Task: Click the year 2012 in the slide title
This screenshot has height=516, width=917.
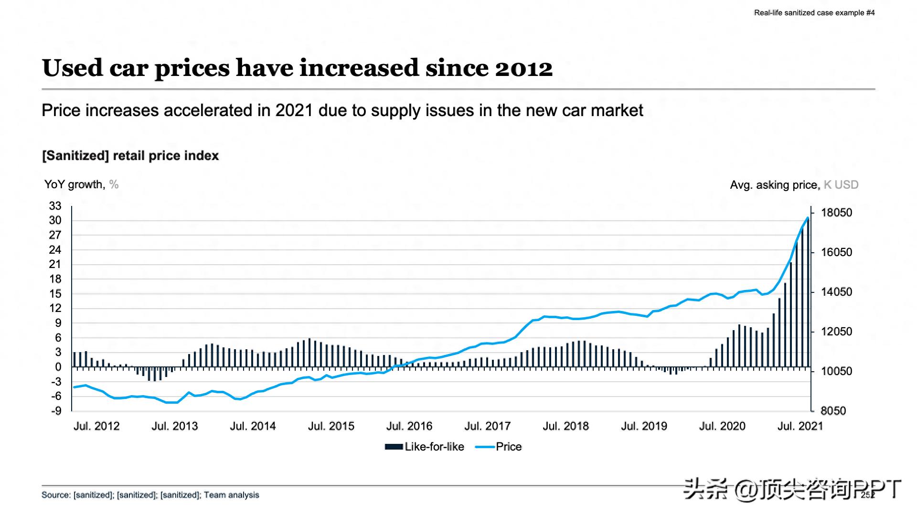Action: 523,68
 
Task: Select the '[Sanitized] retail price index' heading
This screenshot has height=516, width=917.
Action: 130,156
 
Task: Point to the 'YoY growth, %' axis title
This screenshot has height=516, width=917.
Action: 81,184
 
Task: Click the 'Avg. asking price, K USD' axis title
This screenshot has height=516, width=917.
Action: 794,185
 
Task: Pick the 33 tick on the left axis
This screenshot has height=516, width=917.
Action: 55,206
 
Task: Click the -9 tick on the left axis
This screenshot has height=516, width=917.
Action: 56,411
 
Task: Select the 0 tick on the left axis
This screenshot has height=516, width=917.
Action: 58,367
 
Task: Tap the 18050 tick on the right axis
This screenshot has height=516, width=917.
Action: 836,213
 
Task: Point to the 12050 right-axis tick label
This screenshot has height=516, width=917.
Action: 836,332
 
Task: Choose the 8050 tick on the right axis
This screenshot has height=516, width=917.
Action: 833,411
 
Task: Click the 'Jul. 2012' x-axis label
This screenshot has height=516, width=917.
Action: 96,426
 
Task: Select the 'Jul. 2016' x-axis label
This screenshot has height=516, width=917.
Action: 409,426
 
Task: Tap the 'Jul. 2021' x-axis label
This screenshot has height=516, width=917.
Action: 800,426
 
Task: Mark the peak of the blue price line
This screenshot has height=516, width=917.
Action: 808,218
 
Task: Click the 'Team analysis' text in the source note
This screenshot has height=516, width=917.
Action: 232,495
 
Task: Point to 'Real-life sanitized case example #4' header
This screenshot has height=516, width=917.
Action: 814,13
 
